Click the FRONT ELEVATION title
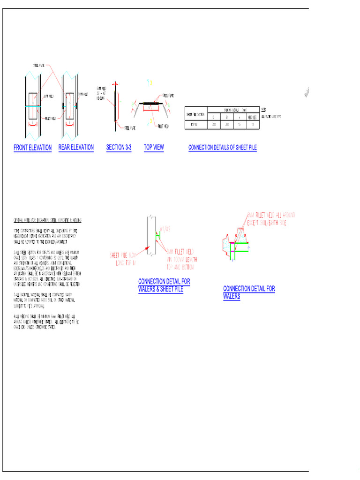click(x=32, y=148)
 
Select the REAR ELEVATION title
click(x=76, y=147)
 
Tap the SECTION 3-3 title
click(x=119, y=147)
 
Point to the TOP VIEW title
click(x=154, y=147)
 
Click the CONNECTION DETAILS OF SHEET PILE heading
click(x=223, y=148)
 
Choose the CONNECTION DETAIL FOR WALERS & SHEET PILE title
click(x=164, y=285)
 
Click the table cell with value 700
click(x=213, y=125)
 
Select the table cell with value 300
click(x=227, y=125)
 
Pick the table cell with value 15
click(x=240, y=125)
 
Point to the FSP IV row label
click(x=195, y=125)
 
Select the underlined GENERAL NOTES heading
click(x=47, y=220)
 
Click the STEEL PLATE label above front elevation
click(x=39, y=65)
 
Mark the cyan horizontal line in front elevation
click(x=33, y=106)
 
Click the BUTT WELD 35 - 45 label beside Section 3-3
click(x=102, y=93)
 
